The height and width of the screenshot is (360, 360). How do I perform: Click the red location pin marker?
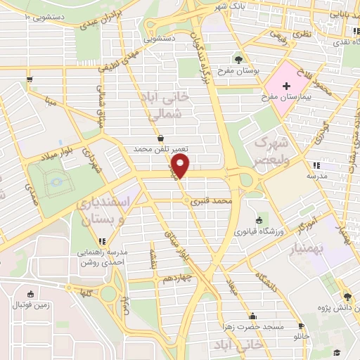coord(181,166)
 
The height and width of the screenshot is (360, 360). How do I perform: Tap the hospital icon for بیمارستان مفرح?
coord(287,86)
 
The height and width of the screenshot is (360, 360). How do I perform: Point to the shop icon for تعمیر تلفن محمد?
coord(162,139)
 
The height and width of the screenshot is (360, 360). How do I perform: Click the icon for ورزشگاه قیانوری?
coord(259,219)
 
